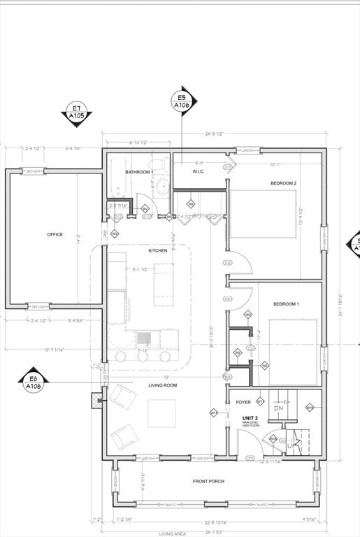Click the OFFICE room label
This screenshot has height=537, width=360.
[x=55, y=234]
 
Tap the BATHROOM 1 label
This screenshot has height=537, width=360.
[x=139, y=172]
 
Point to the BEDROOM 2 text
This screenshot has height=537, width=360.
[x=284, y=183]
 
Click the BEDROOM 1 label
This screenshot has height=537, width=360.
[x=285, y=304]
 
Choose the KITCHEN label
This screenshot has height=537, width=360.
[x=158, y=250]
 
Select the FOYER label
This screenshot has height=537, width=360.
[x=243, y=402]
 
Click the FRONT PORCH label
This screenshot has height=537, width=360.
[x=209, y=482]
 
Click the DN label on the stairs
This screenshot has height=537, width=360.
[x=278, y=408]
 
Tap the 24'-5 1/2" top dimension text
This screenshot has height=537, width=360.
[x=214, y=134]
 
